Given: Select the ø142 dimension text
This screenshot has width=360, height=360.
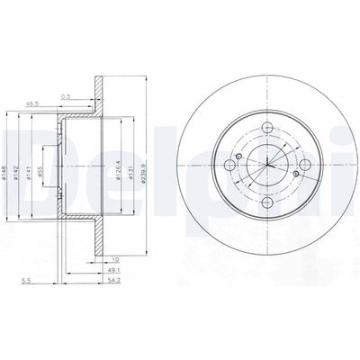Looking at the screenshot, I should [x=19, y=150].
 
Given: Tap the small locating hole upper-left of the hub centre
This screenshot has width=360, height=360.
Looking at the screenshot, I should [x=250, y=145].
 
